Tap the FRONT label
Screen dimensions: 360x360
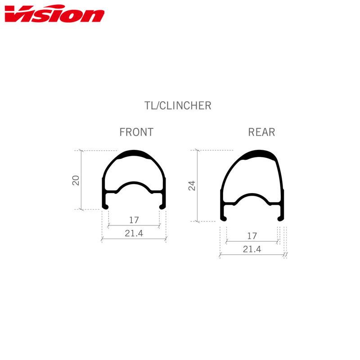coord(136,132)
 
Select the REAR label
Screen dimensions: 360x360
coord(261,132)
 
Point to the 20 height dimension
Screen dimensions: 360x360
coord(76,180)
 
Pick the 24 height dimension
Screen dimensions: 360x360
coord(192,185)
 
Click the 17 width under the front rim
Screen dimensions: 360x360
coord(134,220)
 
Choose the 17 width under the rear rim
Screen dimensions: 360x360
coord(252,235)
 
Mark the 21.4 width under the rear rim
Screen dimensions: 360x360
coord(252,249)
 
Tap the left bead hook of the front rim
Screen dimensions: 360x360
coord(106,206)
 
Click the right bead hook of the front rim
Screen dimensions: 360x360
coord(162,206)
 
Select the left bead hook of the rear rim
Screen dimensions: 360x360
coord(223,218)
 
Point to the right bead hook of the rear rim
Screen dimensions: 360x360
coord(280,218)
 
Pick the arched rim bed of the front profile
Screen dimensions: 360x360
coord(134,184)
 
